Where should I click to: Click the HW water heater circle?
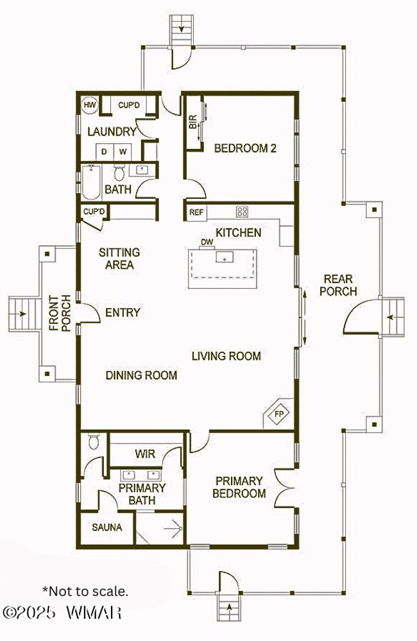(90, 105)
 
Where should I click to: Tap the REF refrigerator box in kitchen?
(197, 212)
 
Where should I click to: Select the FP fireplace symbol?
(279, 414)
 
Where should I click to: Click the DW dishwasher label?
(207, 242)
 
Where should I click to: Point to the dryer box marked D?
(104, 151)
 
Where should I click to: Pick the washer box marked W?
(123, 151)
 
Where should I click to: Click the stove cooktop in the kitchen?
(242, 211)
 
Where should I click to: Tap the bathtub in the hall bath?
(90, 182)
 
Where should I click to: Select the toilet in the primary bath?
(94, 441)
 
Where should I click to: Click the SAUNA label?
(107, 527)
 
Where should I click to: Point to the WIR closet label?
(145, 454)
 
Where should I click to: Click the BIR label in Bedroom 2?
(193, 122)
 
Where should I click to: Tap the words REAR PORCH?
(338, 286)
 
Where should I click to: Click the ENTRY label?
(123, 312)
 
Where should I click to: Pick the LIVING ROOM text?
(226, 356)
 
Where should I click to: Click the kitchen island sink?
(225, 257)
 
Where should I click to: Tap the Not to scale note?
(85, 591)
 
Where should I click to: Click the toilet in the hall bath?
(119, 173)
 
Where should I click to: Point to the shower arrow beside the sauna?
(173, 529)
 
